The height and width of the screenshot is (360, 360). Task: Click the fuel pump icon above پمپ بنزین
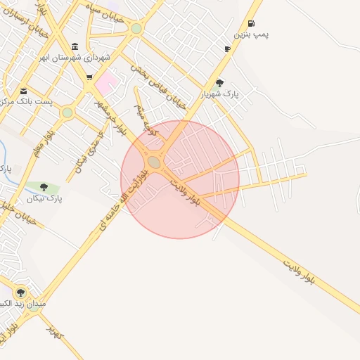(251, 23)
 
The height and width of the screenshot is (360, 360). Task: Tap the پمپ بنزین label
(252, 34)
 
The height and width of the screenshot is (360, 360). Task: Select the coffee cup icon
(227, 49)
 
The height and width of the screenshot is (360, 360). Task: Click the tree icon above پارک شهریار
(219, 83)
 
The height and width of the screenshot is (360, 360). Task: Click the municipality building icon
(75, 46)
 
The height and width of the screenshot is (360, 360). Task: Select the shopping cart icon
(89, 78)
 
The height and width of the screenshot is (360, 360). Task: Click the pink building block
(107, 85)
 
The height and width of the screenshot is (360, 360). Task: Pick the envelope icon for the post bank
(23, 91)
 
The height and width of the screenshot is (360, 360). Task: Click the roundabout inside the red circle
(154, 162)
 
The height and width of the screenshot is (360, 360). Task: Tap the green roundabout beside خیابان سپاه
(136, 29)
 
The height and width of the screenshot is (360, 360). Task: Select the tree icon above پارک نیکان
(44, 187)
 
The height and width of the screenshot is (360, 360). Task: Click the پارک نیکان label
(45, 199)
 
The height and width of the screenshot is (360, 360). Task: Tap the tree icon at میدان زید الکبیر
(20, 292)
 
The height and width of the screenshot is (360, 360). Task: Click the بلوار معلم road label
(43, 143)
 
